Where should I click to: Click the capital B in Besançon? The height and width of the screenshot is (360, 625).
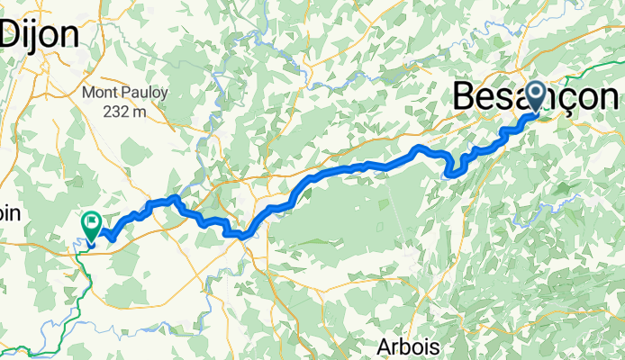coord(466,95)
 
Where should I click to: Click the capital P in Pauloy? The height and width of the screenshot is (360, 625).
coord(127,93)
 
